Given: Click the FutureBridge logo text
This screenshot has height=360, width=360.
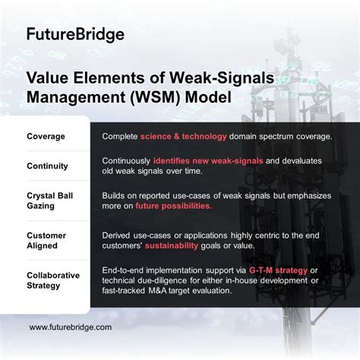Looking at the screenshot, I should (x=75, y=34).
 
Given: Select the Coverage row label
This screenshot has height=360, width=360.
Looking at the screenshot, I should (x=46, y=137).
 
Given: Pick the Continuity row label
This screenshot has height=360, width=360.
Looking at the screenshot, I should (x=47, y=166).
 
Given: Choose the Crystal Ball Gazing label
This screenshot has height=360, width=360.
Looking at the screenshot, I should (x=50, y=201).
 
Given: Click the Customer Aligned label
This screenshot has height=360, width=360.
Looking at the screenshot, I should (x=48, y=241).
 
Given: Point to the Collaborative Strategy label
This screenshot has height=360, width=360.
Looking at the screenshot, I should (x=53, y=280).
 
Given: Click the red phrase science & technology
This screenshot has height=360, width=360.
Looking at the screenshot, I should (x=183, y=137).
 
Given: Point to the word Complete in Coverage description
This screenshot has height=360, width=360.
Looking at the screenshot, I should (x=119, y=137).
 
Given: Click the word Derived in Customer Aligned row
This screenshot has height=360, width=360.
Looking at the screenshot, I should (x=117, y=235).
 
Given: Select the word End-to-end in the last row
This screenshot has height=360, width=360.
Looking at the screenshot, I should (x=125, y=270).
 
